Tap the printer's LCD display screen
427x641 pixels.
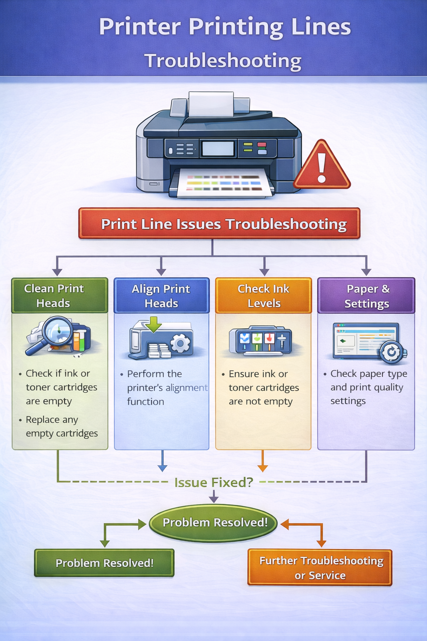tap(218, 149)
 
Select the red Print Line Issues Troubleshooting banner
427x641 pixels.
tap(219, 224)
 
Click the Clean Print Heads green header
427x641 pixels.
tap(59, 295)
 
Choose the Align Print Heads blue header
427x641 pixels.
tap(161, 295)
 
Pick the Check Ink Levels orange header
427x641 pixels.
tap(263, 295)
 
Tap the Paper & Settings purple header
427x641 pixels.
tap(366, 295)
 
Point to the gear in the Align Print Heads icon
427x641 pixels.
tap(181, 343)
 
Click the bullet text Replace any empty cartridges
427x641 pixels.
tap(61, 426)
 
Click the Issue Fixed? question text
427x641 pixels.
tap(213, 482)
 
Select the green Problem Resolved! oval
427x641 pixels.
tap(213, 522)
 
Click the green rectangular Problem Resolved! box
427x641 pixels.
tap(104, 563)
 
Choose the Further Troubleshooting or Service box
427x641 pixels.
tap(320, 568)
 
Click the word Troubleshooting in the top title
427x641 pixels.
tap(223, 61)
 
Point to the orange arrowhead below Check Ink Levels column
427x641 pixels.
tap(262, 467)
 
